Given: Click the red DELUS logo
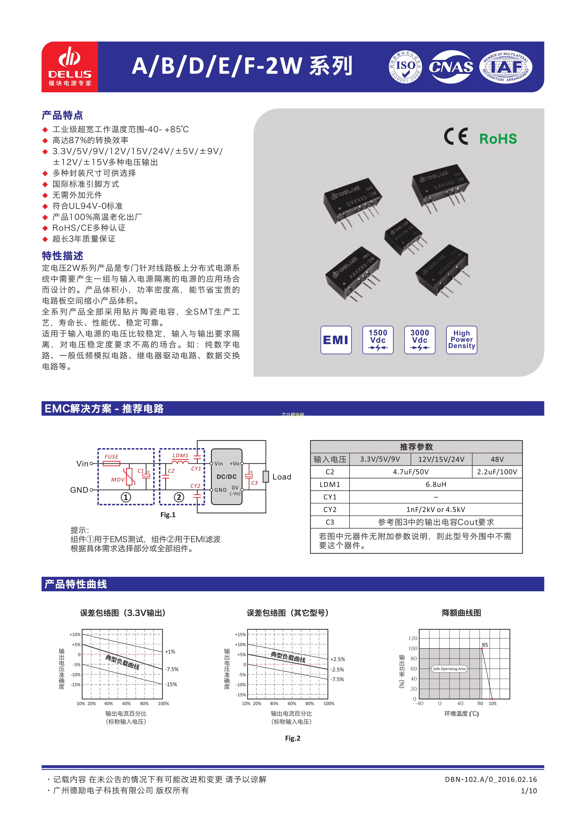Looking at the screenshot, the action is pos(70,67).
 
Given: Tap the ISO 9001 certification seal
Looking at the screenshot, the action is pos(406,67).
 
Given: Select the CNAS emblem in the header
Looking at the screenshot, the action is pos(451,67).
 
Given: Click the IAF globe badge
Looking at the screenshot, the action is pos(505,67).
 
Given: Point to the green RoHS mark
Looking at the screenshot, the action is pos(498,139).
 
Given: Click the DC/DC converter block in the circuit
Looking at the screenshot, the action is pos(227,476).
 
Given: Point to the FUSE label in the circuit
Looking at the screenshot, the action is pos(111,456).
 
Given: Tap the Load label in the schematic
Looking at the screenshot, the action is pos(282,477).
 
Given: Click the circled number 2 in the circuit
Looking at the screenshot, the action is pos(179,497).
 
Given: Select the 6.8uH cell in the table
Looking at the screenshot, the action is pos(436,484).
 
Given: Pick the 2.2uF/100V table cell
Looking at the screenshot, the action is pos(497,472).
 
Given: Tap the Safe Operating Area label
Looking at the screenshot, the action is pos(449,669).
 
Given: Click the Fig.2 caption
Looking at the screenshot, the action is pos(293,738).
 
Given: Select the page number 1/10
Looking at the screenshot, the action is pos(529,791).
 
